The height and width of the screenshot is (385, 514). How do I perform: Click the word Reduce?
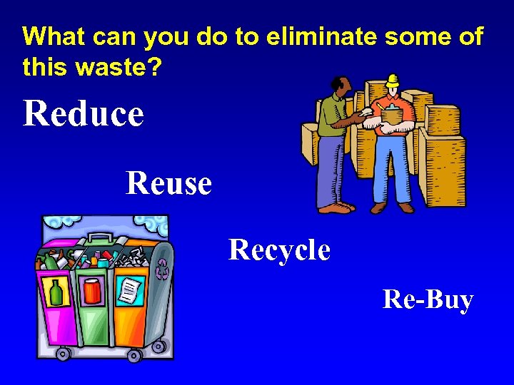(83, 114)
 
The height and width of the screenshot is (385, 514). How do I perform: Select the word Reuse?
(168, 183)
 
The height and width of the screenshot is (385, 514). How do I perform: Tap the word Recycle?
(279, 250)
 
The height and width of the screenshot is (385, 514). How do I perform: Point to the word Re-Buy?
(428, 299)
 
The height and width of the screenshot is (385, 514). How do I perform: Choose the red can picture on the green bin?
(94, 291)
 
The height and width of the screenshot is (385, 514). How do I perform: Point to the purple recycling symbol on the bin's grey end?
(163, 269)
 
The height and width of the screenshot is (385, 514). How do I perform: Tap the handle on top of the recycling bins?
(101, 238)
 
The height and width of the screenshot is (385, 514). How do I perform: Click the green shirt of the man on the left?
(332, 118)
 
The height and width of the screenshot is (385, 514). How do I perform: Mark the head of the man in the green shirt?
(343, 88)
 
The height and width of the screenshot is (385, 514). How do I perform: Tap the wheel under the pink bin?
(64, 353)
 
